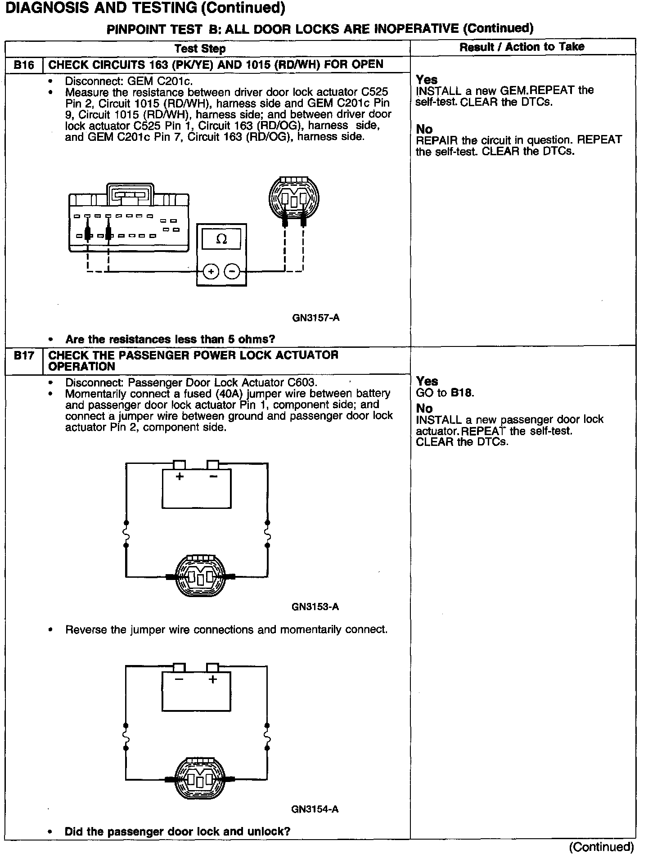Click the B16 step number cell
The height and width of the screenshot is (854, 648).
(x=23, y=65)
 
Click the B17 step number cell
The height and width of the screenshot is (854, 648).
(x=23, y=356)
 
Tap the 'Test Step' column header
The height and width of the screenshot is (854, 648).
(x=200, y=49)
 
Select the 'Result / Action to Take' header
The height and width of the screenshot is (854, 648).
(x=522, y=47)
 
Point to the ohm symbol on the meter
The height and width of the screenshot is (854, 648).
(x=221, y=239)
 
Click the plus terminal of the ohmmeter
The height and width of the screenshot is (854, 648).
(x=211, y=271)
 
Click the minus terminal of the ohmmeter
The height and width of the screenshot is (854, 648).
(x=232, y=271)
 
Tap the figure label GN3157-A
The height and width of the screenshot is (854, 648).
(x=316, y=318)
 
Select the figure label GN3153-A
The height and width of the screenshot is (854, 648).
(x=315, y=607)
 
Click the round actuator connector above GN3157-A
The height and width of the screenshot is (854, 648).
(x=294, y=197)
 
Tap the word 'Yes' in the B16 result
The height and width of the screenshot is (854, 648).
(x=427, y=80)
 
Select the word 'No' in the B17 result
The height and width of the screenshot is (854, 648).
(x=424, y=408)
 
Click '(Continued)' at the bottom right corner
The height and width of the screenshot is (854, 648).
(x=601, y=847)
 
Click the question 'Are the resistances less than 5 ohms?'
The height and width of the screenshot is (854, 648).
(x=170, y=339)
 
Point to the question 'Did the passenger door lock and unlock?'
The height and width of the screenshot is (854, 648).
(x=177, y=832)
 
